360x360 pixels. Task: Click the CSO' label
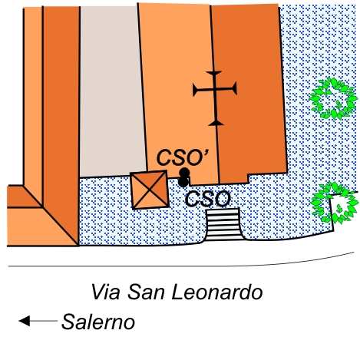[x=183, y=157]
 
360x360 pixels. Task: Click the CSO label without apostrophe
[x=208, y=199]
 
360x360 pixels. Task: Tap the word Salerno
[x=98, y=322]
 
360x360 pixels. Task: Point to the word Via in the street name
[x=105, y=292]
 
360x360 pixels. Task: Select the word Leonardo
[x=217, y=292]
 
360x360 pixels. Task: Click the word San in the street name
[x=146, y=292]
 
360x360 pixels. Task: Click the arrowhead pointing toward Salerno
[x=25, y=321]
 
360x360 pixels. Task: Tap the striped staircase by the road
[x=223, y=224]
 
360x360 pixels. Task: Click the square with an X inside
[x=150, y=190]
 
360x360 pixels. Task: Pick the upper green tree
[x=333, y=98]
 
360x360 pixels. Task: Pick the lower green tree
[x=334, y=203]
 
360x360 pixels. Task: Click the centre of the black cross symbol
[x=215, y=89]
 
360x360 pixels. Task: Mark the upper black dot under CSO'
[x=184, y=173]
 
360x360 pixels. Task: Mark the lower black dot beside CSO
[x=183, y=182]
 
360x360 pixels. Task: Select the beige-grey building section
[x=113, y=91]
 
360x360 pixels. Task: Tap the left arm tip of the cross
[x=193, y=90]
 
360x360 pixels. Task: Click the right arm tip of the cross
[x=236, y=88]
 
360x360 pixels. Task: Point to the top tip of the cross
[x=214, y=72]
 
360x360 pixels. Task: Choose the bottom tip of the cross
[x=216, y=125]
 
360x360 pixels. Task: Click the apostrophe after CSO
[x=206, y=153]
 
